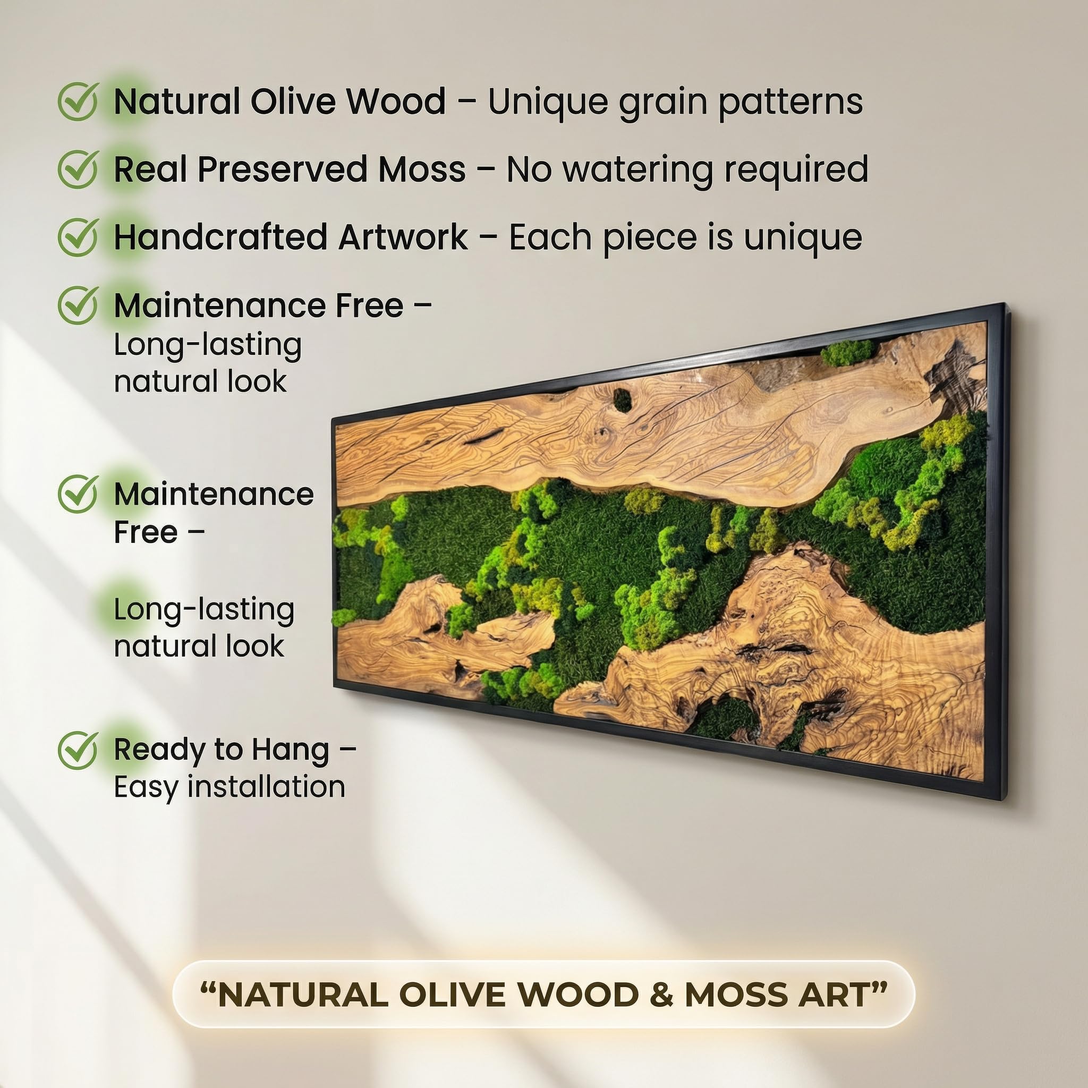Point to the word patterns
pos(790,104)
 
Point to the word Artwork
pos(403,237)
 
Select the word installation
pos(266,786)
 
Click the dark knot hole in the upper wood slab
pos(622,400)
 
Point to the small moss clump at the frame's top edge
pos(847,353)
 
